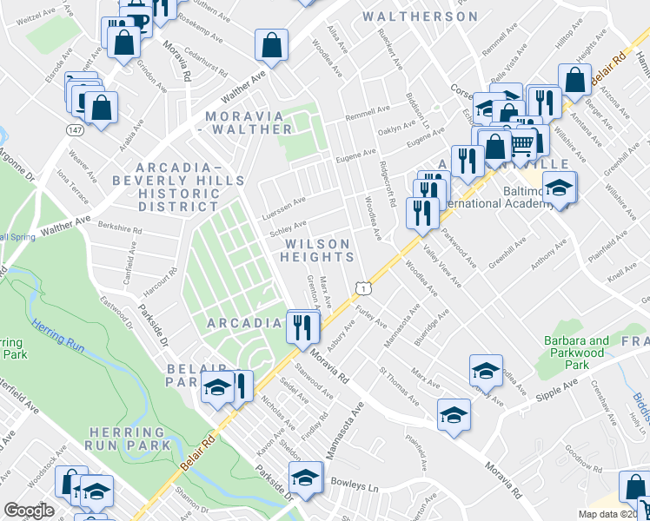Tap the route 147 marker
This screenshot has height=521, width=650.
tap(76, 129)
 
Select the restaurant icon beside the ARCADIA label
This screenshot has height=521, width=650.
tap(303, 327)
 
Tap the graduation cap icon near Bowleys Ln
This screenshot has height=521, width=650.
tap(305, 479)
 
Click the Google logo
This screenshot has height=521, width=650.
tap(29, 511)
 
